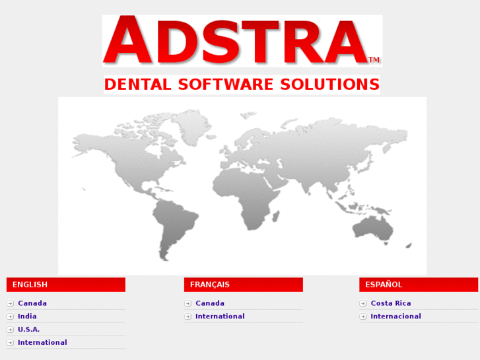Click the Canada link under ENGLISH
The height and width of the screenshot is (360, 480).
32,303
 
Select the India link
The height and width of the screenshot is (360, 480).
27,316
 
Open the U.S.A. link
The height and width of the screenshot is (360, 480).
28,329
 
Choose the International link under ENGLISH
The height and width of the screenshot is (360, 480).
42,342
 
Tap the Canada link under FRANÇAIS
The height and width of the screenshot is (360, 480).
209,303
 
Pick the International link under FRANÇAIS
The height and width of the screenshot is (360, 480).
220,316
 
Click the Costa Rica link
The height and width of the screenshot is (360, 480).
390,303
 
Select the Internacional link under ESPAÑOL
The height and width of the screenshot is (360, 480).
395,316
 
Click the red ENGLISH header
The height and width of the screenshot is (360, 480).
65,285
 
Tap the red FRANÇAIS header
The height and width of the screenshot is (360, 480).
243,285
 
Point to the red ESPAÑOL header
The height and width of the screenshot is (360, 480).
418,285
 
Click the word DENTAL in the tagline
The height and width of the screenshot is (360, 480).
137,85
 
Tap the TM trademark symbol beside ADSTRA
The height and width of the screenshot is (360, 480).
374,60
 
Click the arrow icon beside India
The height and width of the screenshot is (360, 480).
10,316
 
